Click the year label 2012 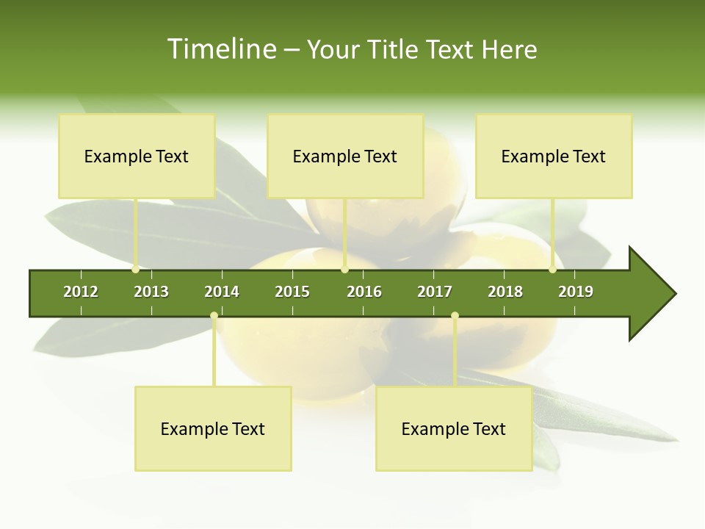(x=81, y=292)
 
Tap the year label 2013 (x=151, y=292)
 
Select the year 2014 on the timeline (x=222, y=292)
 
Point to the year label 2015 (x=292, y=292)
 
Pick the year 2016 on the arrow (x=364, y=292)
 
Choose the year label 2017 (x=435, y=292)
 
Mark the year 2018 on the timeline (x=505, y=292)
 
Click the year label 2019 (x=576, y=292)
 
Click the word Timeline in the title (x=221, y=49)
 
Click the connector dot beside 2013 (x=136, y=270)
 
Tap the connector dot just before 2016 (x=345, y=270)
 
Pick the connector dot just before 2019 (x=553, y=270)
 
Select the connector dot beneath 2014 (x=214, y=316)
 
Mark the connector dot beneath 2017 (x=455, y=316)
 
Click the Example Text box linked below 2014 (x=213, y=429)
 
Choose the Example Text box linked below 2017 (x=454, y=429)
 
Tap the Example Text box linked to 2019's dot (x=554, y=156)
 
